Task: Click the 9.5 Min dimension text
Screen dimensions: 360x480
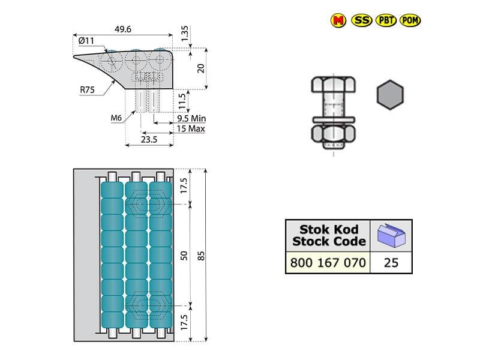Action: (x=192, y=119)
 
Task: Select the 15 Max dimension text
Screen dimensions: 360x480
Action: (x=191, y=128)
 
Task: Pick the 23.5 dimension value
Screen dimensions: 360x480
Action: (x=149, y=139)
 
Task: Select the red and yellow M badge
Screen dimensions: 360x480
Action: (x=338, y=20)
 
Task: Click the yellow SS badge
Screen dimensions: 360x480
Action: (x=361, y=20)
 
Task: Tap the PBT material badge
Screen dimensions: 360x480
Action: (x=385, y=20)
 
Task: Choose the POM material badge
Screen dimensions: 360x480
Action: (x=410, y=20)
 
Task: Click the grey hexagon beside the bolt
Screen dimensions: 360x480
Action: (x=389, y=95)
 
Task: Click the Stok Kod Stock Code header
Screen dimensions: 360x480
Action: (x=328, y=235)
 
